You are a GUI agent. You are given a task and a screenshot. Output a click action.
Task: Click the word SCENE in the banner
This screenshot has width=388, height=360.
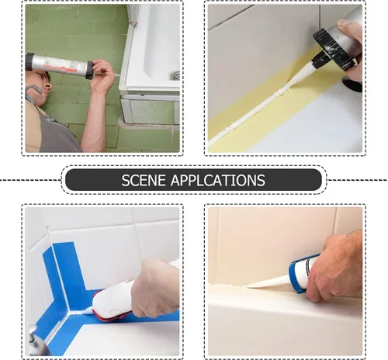click(x=144, y=180)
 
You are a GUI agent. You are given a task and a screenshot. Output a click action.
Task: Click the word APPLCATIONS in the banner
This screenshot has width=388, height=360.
click(x=218, y=180)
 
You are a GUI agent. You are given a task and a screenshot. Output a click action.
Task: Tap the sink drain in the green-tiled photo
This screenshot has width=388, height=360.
click(x=175, y=75)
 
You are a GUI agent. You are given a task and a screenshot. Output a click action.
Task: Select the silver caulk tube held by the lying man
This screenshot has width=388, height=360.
click(x=59, y=65)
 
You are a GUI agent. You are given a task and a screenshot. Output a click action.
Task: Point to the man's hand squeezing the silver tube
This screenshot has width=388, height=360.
click(x=103, y=75)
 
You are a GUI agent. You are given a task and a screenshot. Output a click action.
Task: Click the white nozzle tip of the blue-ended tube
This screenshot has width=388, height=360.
click(x=248, y=286)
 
